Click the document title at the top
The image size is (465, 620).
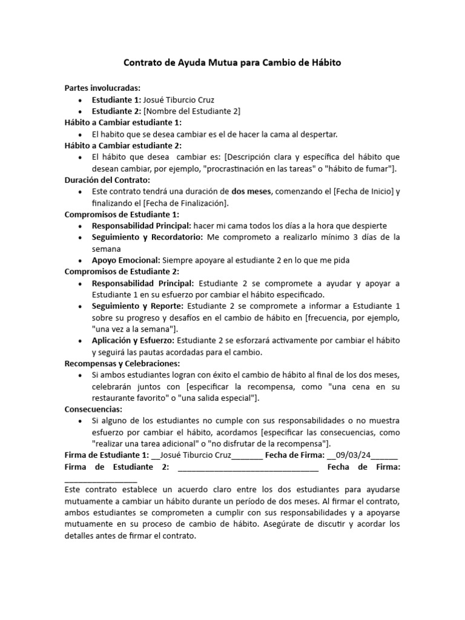tap(232, 62)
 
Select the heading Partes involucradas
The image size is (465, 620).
tap(102, 88)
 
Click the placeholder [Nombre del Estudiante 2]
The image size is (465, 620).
tap(191, 110)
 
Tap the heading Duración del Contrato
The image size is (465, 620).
tap(107, 179)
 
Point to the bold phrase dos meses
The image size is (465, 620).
tap(252, 191)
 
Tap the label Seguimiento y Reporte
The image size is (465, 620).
tap(138, 306)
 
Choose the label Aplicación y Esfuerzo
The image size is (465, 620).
tap(133, 340)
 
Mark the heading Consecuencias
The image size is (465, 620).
tap(93, 409)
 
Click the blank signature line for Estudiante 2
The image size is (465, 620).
tap(248, 467)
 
